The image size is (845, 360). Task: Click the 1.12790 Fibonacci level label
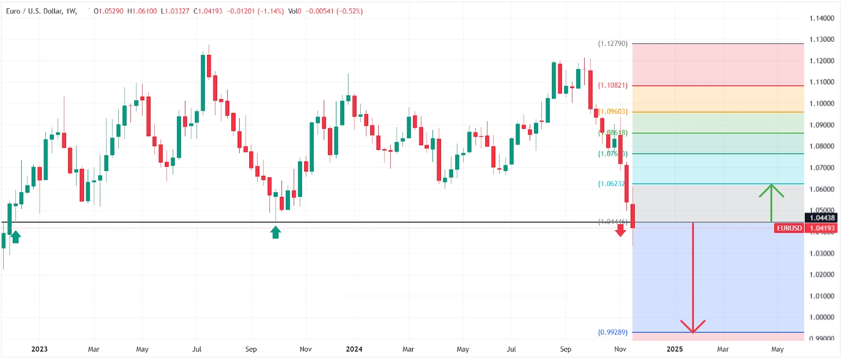[613, 43]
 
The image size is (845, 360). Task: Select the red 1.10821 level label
[613, 85]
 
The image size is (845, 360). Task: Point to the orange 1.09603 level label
[613, 111]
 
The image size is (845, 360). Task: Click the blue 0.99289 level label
[613, 332]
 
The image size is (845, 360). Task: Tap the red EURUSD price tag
[789, 228]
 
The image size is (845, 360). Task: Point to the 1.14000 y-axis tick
[822, 18]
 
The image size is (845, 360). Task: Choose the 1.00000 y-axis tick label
[822, 317]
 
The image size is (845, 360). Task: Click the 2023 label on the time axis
[39, 349]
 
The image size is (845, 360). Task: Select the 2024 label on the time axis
[354, 349]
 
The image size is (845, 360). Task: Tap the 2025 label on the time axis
[674, 349]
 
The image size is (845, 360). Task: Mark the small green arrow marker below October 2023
[275, 232]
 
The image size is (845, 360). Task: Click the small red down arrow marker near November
[621, 230]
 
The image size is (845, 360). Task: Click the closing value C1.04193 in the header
[208, 11]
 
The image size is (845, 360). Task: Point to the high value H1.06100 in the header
[142, 11]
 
